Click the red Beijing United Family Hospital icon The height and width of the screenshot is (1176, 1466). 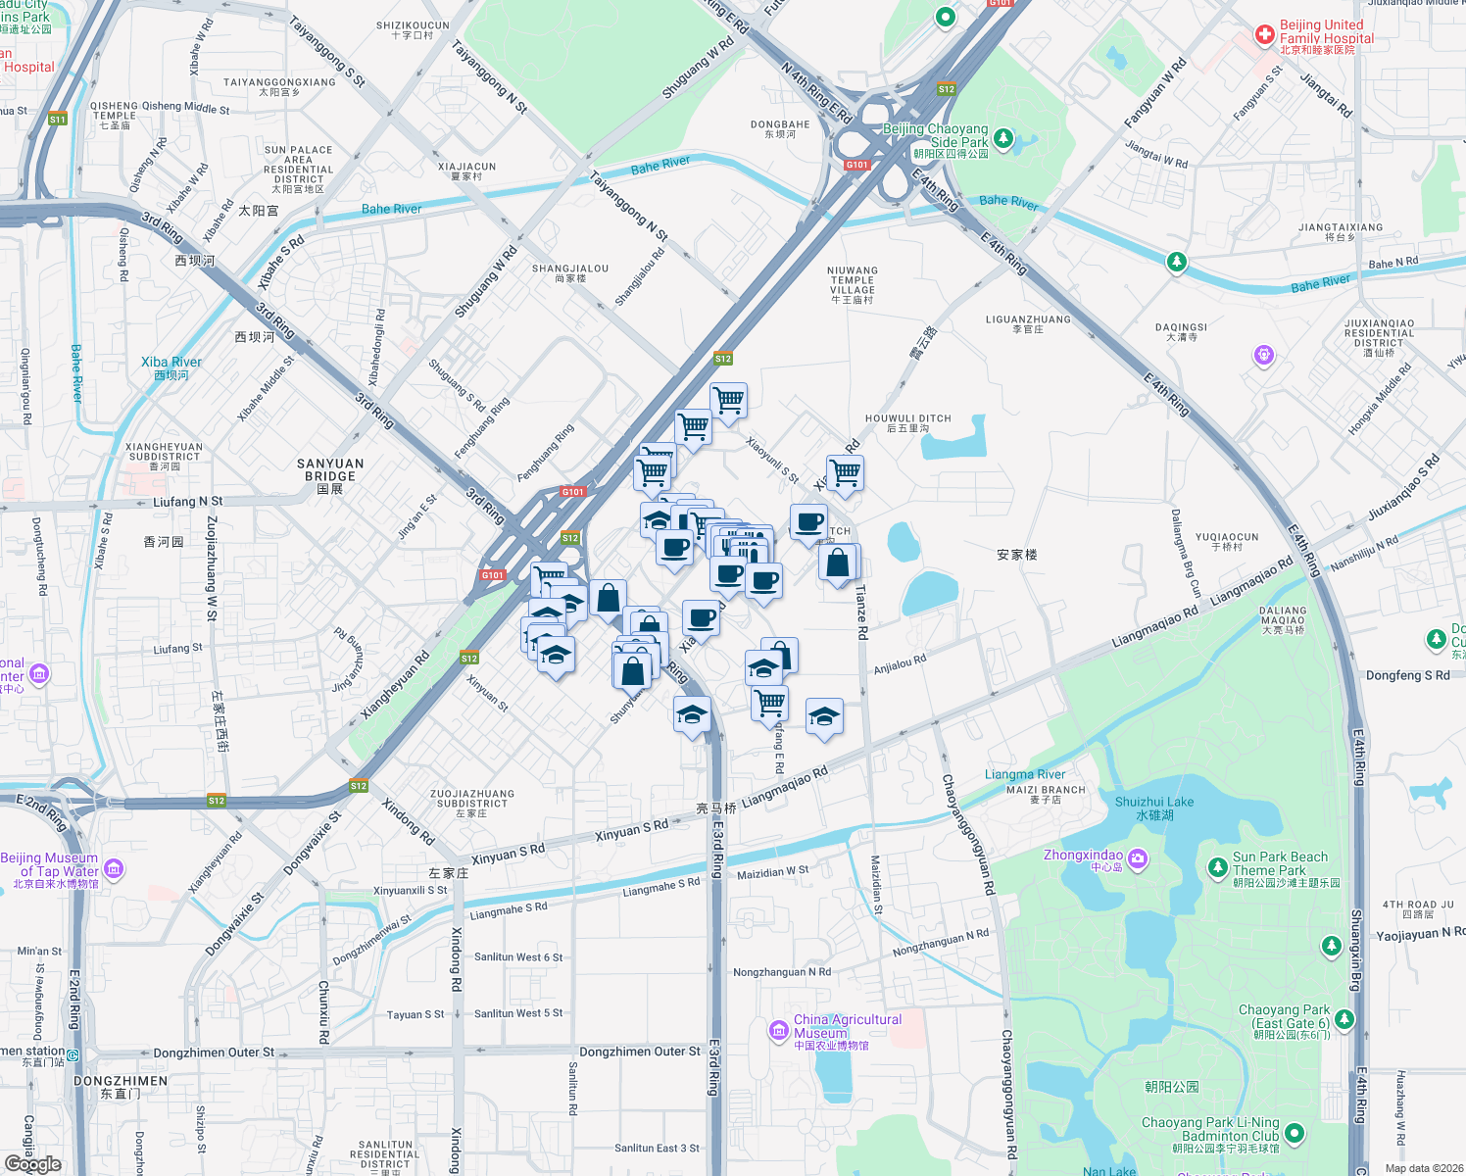coord(1265,37)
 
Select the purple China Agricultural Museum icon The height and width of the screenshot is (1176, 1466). coord(779,1029)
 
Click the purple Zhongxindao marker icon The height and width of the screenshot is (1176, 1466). coord(1137,859)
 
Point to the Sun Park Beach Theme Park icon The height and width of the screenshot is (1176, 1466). coord(1217,866)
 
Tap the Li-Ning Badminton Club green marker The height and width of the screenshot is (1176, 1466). coord(1294,1133)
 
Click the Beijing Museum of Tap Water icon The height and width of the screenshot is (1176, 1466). coord(114,868)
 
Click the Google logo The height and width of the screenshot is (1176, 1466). coord(33,1163)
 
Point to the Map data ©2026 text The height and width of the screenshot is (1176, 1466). coord(1424,1168)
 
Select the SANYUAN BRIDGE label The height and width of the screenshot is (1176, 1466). coord(330,470)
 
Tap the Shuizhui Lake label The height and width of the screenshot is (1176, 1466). coord(1154,803)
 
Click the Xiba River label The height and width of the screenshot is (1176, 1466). coord(171,363)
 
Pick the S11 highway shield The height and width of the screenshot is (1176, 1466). coord(58,119)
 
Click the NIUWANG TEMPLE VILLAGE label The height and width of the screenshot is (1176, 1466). coord(853,280)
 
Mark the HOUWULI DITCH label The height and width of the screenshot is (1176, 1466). coord(907,418)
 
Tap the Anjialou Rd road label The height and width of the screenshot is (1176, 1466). coord(900,664)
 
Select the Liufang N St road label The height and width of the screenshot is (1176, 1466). coord(188,502)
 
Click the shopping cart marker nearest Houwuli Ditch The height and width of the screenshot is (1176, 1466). coord(845,473)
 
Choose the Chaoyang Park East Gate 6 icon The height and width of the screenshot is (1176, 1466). coord(1344,1019)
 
